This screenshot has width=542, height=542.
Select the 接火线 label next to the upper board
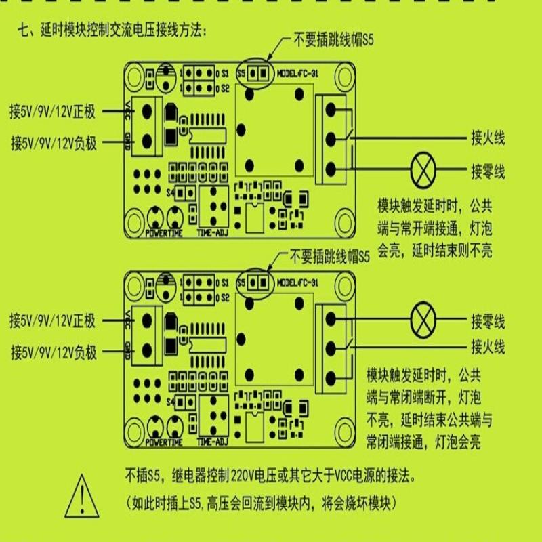click(488, 139)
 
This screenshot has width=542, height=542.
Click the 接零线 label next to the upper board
click(488, 169)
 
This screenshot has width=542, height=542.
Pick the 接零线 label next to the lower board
click(488, 319)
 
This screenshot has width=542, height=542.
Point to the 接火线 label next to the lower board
click(488, 348)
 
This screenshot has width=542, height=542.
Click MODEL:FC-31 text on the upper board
click(298, 72)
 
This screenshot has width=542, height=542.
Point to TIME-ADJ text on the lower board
click(213, 442)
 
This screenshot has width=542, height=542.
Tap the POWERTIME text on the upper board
click(165, 234)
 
